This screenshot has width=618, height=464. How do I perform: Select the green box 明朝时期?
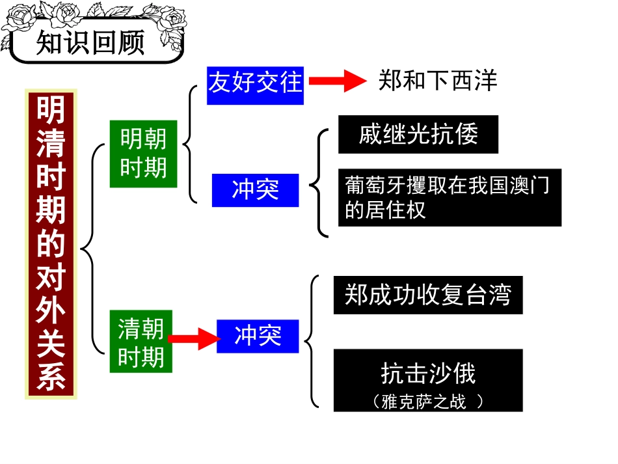143,154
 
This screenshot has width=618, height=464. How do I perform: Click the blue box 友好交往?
255,83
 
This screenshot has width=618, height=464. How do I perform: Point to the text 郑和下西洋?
437,81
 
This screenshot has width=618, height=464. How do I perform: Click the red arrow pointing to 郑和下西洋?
338,81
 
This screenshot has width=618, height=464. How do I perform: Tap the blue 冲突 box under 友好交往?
255,189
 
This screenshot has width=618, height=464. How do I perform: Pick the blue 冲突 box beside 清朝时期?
258,336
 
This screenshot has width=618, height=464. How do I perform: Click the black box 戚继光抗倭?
418,134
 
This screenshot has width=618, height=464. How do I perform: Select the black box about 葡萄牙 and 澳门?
449,198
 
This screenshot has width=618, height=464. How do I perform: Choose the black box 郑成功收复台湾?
427,295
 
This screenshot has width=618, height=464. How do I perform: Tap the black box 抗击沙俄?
427,380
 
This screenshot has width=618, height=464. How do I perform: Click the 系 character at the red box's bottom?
51,377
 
